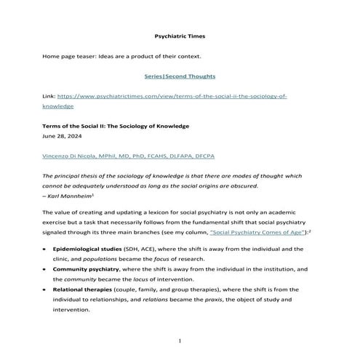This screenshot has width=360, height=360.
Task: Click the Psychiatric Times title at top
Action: (180, 36)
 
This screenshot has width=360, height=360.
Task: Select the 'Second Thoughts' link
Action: (191, 76)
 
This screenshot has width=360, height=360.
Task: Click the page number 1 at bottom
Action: (180, 340)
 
